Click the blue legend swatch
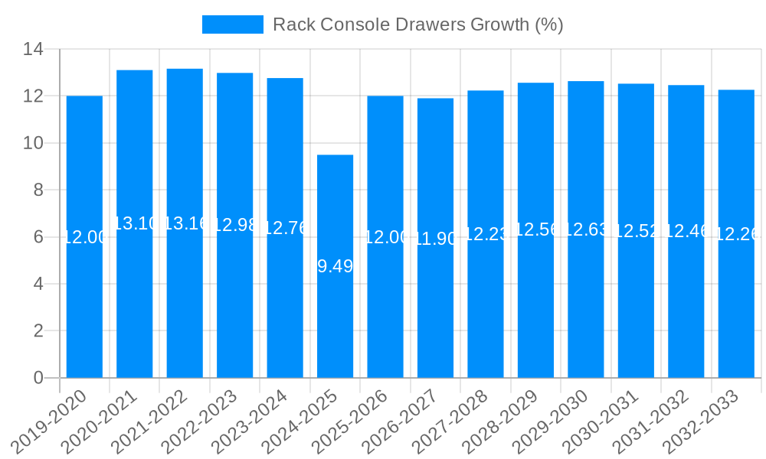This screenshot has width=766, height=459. (x=232, y=24)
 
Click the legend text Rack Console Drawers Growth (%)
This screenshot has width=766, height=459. (x=417, y=24)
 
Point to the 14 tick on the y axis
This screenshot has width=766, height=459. (x=33, y=50)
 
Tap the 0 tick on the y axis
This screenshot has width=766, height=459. (x=38, y=378)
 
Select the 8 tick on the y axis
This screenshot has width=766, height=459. (x=38, y=190)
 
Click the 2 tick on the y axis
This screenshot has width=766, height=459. (x=38, y=330)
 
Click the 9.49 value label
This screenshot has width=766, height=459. (x=335, y=266)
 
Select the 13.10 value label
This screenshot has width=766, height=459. (x=135, y=223)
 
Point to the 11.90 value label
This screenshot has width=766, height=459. (x=435, y=239)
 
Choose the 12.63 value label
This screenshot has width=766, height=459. (x=586, y=229)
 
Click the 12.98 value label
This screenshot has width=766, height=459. (x=234, y=225)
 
